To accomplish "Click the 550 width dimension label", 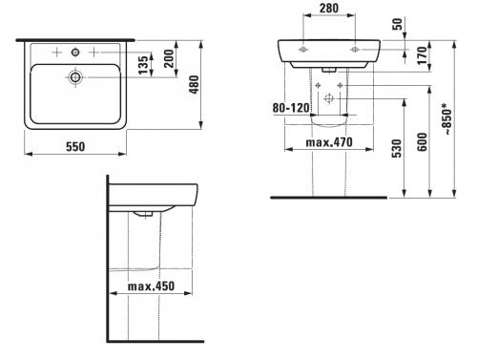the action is click(75, 147).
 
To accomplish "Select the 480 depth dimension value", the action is click(194, 84).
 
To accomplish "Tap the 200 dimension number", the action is click(168, 58).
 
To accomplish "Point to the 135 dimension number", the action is click(144, 65).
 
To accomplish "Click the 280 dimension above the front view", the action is click(329, 9).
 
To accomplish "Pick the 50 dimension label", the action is click(398, 24).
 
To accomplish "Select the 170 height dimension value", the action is click(423, 55).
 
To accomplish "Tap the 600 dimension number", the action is click(423, 142).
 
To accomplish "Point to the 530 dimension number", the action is click(397, 148).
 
